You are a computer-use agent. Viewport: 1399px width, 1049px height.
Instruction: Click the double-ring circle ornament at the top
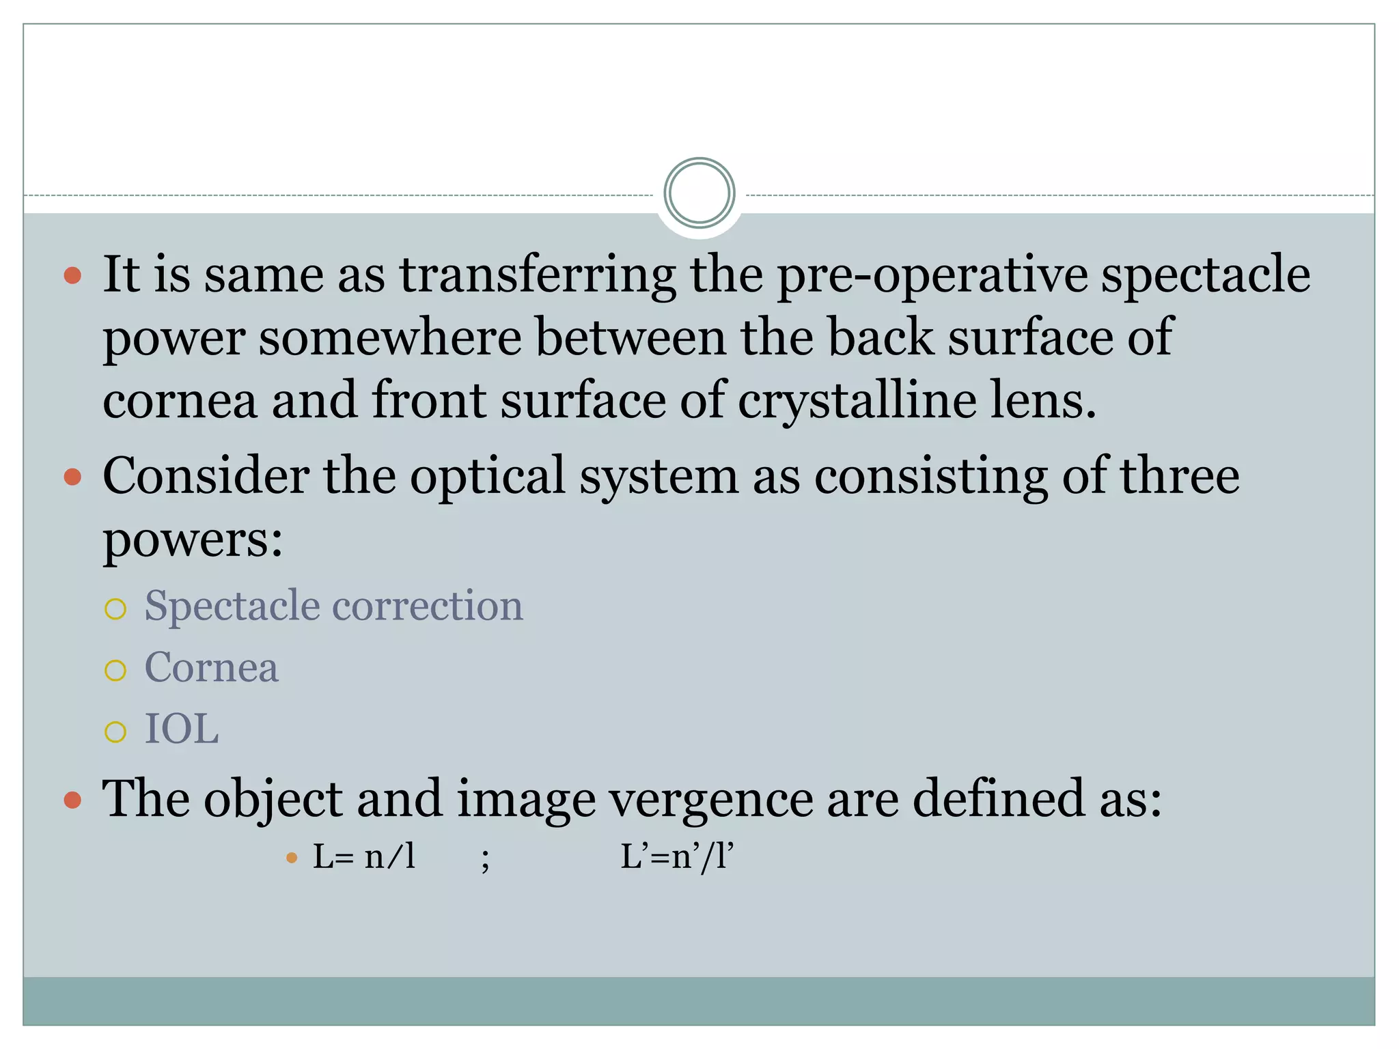click(699, 193)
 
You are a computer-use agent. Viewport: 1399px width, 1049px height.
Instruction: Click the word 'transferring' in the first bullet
click(538, 275)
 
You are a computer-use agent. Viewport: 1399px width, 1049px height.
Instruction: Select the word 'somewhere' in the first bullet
click(389, 337)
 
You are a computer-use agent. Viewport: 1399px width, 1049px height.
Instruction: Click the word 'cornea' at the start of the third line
click(180, 400)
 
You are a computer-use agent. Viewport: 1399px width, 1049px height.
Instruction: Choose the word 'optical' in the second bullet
click(487, 475)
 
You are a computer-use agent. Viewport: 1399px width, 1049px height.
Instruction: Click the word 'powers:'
click(193, 540)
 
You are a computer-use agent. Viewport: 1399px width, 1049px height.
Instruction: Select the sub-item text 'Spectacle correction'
click(333, 606)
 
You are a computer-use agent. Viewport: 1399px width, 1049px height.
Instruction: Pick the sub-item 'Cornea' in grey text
click(211, 667)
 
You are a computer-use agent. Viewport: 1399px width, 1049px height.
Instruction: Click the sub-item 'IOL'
click(182, 729)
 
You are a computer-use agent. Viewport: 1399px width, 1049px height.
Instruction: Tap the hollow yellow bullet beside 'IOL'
click(115, 732)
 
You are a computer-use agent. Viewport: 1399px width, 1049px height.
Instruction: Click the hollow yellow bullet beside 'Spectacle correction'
click(115, 609)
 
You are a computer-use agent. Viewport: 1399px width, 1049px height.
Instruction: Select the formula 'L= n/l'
click(364, 856)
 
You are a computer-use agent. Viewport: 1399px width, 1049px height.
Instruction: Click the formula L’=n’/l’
click(676, 856)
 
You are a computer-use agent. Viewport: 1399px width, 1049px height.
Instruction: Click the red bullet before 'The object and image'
click(72, 800)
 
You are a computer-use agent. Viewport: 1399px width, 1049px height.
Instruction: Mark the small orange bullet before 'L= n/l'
click(292, 858)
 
